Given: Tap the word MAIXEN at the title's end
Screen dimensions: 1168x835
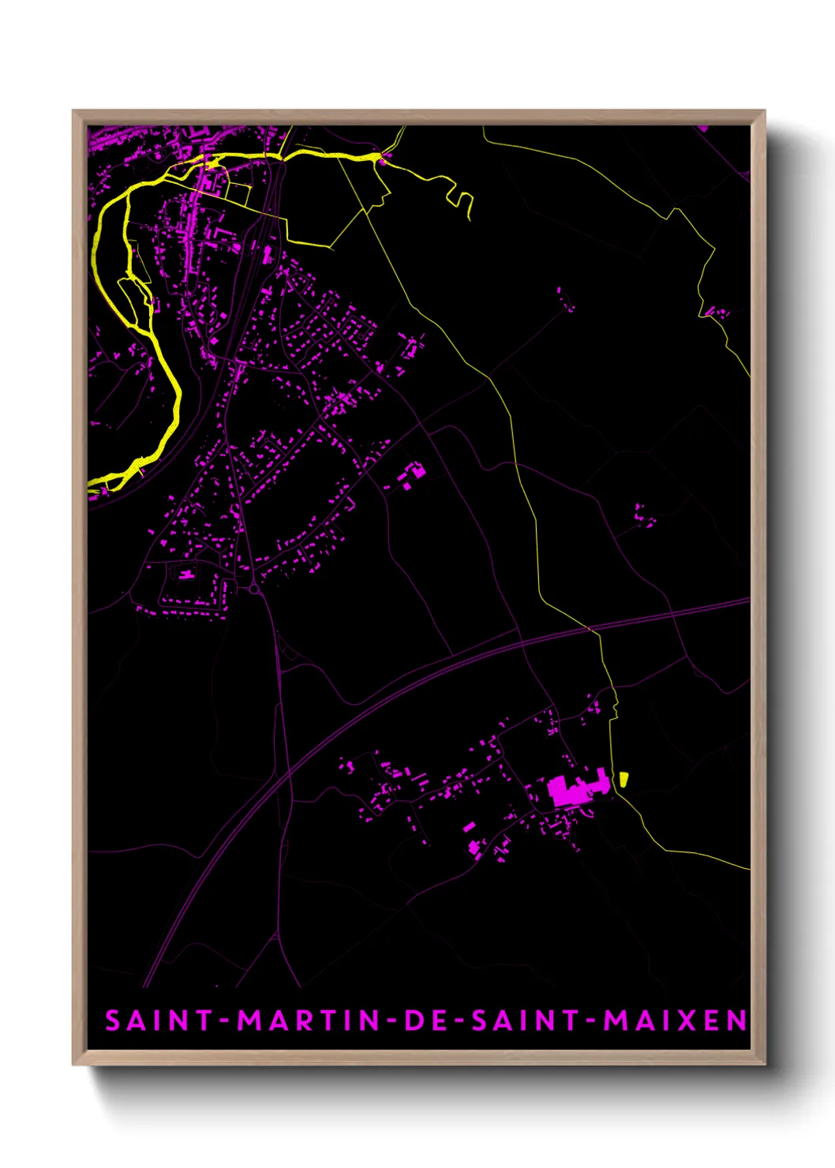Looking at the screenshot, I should pyautogui.click(x=675, y=1020).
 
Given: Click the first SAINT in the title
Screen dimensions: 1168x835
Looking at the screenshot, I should pyautogui.click(x=159, y=1020).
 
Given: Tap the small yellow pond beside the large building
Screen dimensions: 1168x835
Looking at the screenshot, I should pyautogui.click(x=623, y=779).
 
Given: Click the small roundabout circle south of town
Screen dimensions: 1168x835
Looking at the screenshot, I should pyautogui.click(x=254, y=589).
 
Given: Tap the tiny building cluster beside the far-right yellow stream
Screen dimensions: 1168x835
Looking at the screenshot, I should pyautogui.click(x=717, y=313).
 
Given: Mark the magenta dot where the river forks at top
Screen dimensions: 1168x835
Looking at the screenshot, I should pyautogui.click(x=382, y=161).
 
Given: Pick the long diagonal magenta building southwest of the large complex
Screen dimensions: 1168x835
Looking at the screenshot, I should pyautogui.click(x=469, y=828).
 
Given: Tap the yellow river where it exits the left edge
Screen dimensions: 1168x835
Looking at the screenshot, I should pyautogui.click(x=93, y=482).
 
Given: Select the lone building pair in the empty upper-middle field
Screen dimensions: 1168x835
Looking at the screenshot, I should pyautogui.click(x=564, y=298).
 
